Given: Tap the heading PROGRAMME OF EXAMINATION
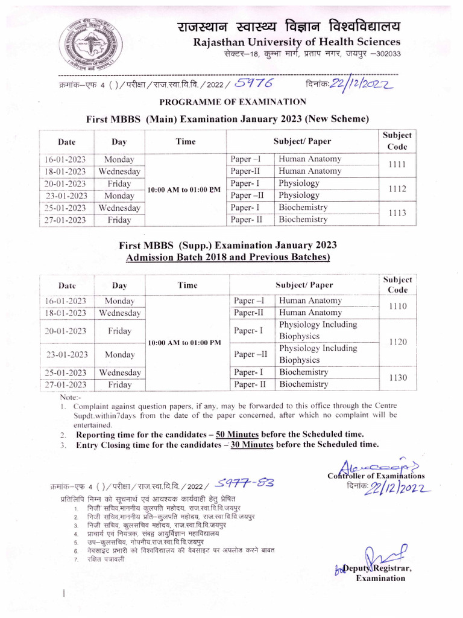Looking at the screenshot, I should coord(233,101).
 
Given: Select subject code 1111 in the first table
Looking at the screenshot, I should coord(397,165).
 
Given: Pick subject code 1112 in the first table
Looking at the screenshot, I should coord(397,189).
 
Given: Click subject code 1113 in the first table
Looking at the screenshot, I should coord(397,213).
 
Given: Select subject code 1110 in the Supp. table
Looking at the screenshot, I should coord(397,306).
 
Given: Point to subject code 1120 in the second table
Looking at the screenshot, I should coord(397,342).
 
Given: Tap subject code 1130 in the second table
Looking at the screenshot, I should coord(397,378).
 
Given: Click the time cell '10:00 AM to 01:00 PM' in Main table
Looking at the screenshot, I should coord(184,190).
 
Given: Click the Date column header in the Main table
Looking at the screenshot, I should coord(67,142).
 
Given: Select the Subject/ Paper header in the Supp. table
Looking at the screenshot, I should coord(304,285).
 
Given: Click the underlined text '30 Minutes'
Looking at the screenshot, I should coord(249,445).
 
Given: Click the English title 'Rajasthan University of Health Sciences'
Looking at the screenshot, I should coord(296,42).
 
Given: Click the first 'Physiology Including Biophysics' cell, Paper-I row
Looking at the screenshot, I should coord(318,330).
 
